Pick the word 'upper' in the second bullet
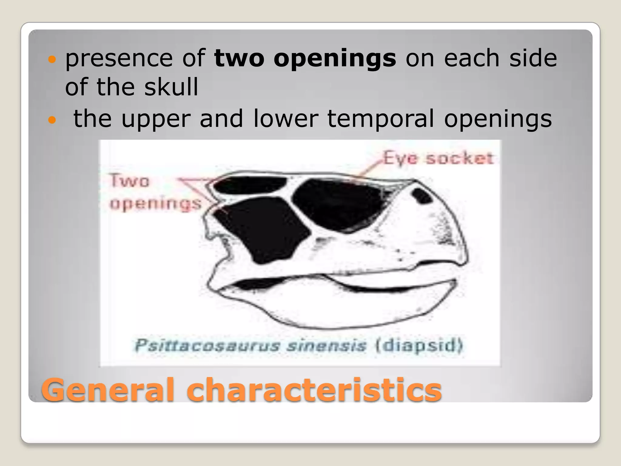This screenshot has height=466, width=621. (x=156, y=119)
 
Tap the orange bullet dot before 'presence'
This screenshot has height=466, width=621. (x=52, y=59)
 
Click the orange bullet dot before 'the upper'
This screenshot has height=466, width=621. (x=52, y=120)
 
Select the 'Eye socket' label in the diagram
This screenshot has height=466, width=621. (x=438, y=158)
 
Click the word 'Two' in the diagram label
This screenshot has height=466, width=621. (x=129, y=181)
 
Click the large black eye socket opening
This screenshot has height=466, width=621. (x=337, y=203)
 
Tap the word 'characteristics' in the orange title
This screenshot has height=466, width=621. (x=314, y=390)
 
